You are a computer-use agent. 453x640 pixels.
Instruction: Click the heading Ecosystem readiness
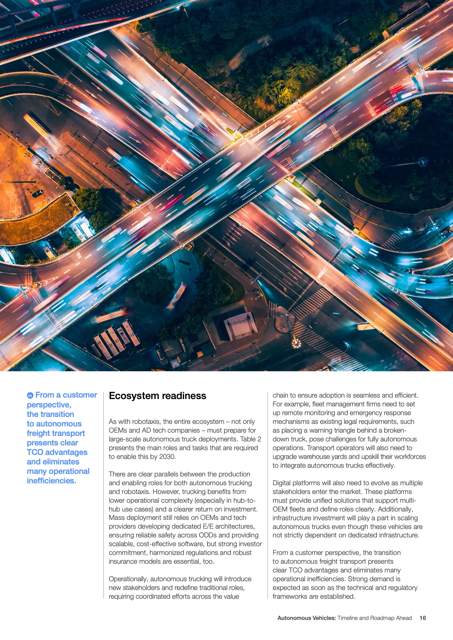[157, 396]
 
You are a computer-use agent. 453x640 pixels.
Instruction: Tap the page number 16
[423, 618]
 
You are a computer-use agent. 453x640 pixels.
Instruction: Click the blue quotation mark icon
[30, 395]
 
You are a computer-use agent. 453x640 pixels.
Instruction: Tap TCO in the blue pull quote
[35, 452]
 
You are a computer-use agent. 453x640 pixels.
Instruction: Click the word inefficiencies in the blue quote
[51, 481]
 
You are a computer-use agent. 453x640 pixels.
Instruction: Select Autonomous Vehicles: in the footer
[307, 618]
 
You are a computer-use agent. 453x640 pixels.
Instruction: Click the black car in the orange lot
[38, 193]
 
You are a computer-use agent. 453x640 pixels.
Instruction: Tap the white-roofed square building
[240, 325]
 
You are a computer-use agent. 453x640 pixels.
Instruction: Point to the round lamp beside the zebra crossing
[296, 343]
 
